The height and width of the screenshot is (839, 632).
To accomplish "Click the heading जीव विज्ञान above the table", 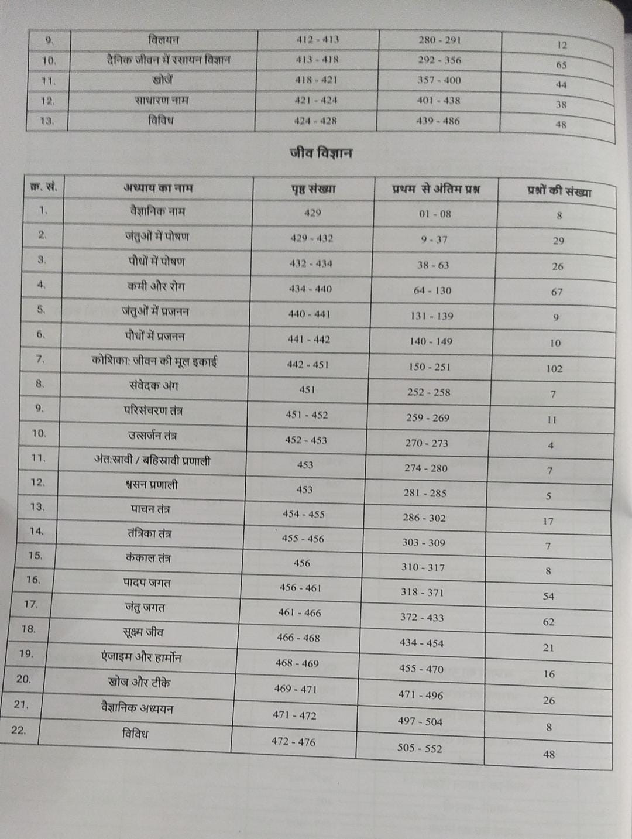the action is pos(321,153).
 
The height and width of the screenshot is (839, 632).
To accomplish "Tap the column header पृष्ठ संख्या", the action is pos(313,189).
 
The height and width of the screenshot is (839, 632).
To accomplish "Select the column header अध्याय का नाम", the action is pos(158,188).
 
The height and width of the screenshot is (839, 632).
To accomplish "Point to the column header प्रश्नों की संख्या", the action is pos(558,191).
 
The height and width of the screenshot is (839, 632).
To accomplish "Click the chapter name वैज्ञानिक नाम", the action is pos(157,211).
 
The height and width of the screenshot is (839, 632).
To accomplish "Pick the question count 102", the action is pos(554,368).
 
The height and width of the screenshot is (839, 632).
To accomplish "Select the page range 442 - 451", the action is pos(308,364).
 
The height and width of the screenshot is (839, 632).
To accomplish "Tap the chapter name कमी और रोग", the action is pos(155,286).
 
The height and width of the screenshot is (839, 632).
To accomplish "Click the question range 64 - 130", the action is pos(432,290).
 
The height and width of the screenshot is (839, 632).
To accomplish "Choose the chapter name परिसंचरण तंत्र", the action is pos(153,410).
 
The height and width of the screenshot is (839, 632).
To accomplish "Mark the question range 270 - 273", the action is pos(427,443).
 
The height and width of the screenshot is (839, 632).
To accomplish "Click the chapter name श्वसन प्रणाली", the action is pos(151,485).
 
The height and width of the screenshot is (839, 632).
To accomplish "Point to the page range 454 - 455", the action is pos(304,514).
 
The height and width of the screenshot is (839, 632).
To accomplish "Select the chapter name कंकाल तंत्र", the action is pos(148,558).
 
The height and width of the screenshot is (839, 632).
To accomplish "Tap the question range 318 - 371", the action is pos(422,592).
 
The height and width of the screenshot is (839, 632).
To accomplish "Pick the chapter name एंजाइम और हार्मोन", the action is pos(141,657).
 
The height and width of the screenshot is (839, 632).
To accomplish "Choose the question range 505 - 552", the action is pos(420,748).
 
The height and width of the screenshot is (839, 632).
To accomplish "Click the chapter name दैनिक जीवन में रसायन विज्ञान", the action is pos(169,60).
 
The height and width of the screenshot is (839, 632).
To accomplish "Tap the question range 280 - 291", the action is pos(439,40).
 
